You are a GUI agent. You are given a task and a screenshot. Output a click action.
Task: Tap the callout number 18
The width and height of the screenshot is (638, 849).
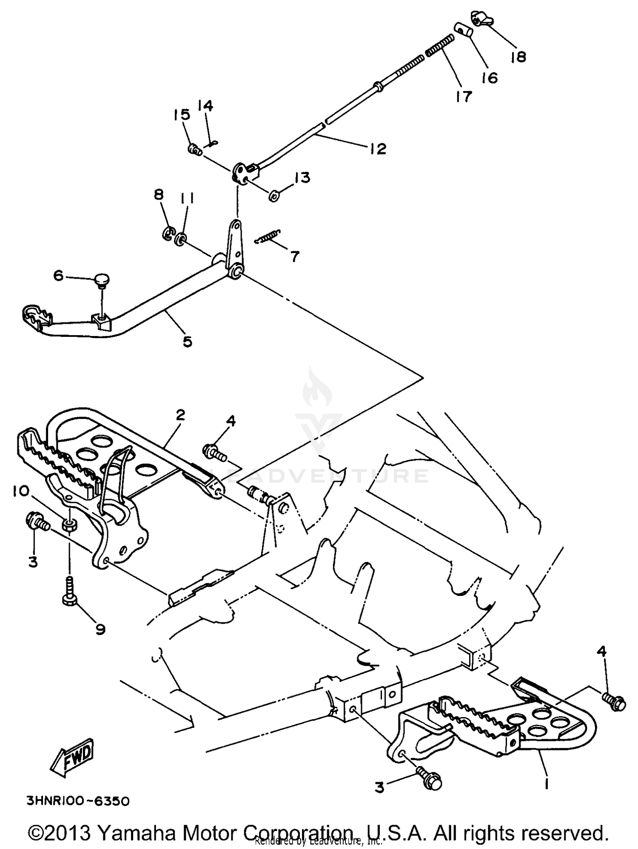point(518,57)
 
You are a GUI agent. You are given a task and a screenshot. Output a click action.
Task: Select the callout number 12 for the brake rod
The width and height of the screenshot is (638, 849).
point(378,148)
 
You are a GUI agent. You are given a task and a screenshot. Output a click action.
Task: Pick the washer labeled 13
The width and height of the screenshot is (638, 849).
point(274,196)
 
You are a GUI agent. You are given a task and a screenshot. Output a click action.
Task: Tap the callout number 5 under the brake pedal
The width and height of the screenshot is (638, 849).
point(188,341)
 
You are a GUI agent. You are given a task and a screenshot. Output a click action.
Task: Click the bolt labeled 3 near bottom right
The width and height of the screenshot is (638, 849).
point(430,779)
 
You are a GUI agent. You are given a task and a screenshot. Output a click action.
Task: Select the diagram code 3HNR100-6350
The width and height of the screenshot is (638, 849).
point(78,801)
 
